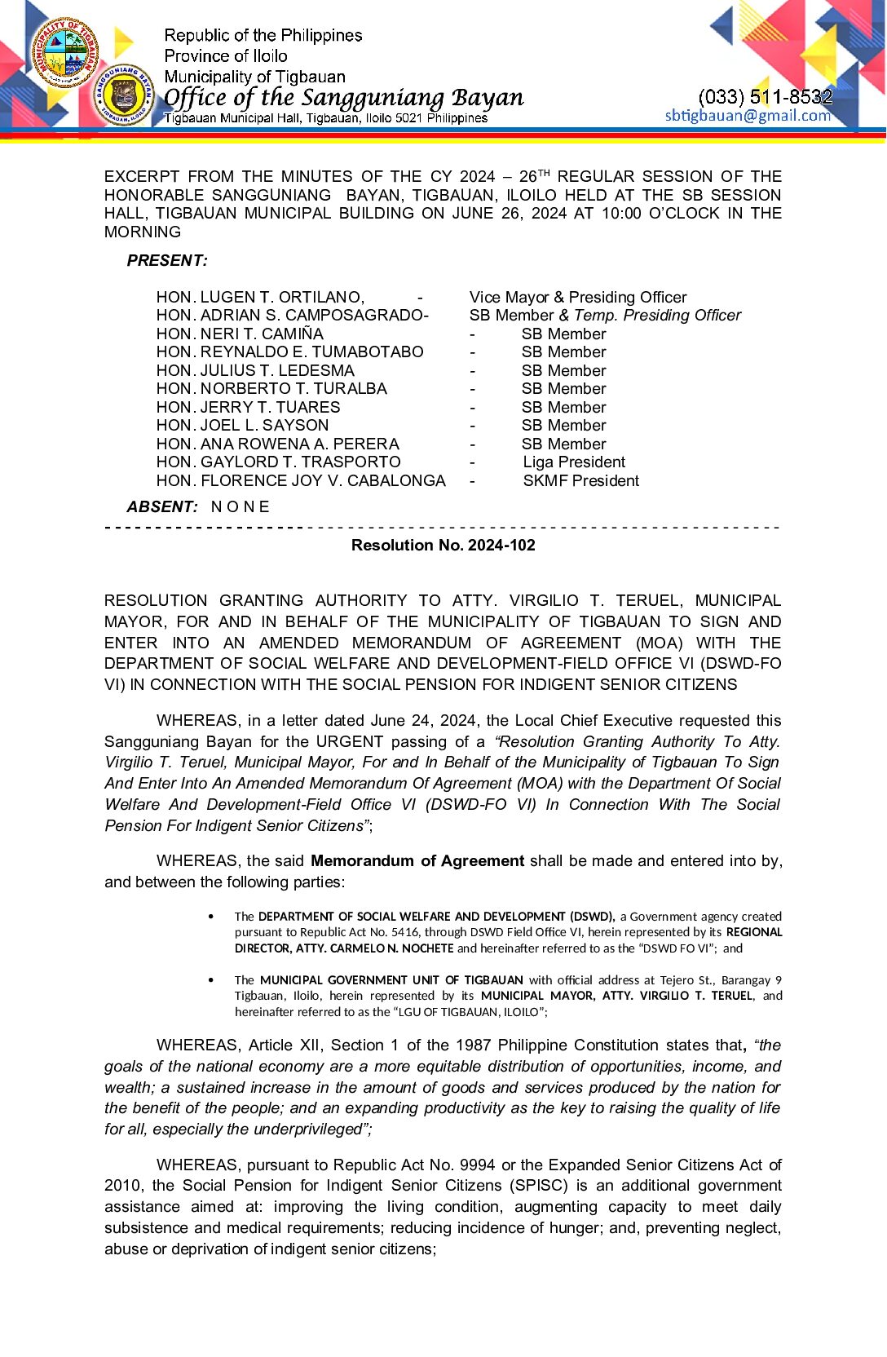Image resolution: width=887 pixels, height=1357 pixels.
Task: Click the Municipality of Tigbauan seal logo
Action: (65, 52)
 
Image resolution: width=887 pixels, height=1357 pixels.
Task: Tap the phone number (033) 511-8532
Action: (765, 96)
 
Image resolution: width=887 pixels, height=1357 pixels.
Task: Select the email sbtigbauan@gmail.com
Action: (748, 115)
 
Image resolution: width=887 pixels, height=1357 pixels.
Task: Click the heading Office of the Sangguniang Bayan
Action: (343, 98)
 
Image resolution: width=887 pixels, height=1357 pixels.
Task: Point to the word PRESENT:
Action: (167, 261)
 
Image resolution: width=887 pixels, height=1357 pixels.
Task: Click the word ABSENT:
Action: (162, 506)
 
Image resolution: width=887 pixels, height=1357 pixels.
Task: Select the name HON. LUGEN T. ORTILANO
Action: (260, 297)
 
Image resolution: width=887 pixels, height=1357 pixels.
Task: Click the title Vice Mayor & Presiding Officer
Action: (577, 297)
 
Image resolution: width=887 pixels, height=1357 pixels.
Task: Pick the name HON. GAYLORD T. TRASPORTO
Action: (278, 462)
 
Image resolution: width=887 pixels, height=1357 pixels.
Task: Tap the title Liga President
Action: (574, 462)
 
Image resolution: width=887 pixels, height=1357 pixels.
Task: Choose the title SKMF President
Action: (580, 480)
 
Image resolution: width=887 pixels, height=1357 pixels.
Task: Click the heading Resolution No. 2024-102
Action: (443, 545)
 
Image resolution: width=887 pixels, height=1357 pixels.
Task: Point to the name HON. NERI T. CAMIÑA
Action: (240, 334)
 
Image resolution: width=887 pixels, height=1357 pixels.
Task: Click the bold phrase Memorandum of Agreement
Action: (417, 860)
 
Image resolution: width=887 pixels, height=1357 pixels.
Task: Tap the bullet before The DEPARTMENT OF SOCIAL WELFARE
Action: (212, 917)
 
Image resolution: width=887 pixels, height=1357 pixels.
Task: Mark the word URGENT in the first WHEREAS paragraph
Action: (350, 741)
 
